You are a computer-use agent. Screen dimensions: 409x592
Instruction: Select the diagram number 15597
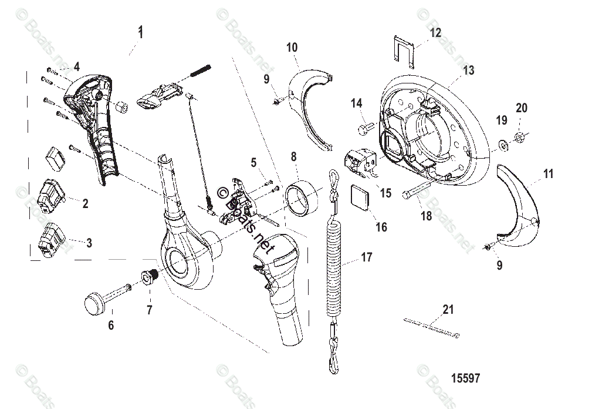[465, 378]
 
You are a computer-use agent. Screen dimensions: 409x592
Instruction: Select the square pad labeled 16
[358, 196]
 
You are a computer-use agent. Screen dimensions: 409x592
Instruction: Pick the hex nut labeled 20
[520, 138]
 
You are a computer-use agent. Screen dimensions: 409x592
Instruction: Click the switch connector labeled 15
[359, 161]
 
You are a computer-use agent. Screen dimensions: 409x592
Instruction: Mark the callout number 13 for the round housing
[468, 71]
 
